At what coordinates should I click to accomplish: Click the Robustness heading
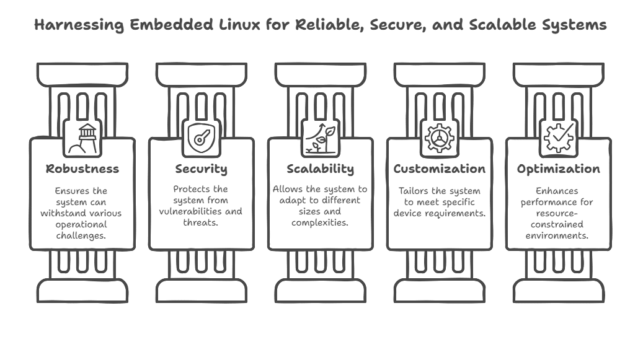[82, 169]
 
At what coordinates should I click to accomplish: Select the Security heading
[201, 169]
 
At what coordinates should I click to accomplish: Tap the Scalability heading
[320, 169]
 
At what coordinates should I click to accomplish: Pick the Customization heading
[440, 169]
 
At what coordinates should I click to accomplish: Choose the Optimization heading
[559, 169]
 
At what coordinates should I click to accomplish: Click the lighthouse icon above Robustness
[82, 138]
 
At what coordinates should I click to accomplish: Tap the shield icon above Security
[201, 138]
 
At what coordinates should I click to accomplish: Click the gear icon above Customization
[439, 138]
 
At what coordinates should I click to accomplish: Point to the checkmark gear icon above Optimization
[558, 138]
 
